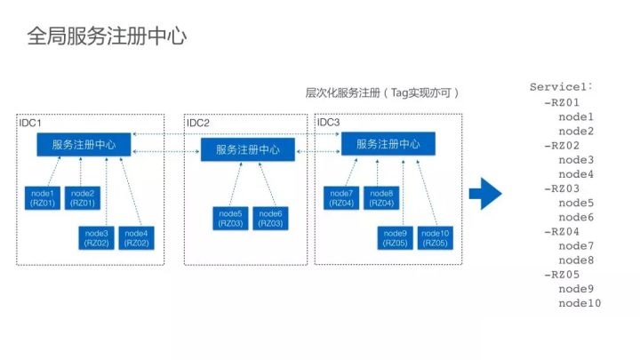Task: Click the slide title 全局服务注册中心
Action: [x=107, y=36]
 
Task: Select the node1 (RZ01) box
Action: [x=43, y=198]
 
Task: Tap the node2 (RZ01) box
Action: [x=83, y=198]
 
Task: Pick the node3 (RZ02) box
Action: [x=96, y=238]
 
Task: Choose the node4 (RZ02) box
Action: [x=136, y=238]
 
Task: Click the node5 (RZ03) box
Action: [x=230, y=219]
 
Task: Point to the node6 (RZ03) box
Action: [x=270, y=219]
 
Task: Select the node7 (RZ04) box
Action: [x=341, y=198]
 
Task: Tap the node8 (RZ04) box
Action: [x=381, y=198]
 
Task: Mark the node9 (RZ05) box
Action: [x=395, y=238]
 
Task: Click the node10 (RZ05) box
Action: [x=435, y=238]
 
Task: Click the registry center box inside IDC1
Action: [x=84, y=145]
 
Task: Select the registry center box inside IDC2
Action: [x=248, y=149]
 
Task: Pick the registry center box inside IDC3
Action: [x=388, y=144]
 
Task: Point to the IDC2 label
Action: [x=198, y=123]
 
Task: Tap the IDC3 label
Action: [x=329, y=122]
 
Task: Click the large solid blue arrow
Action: [x=485, y=194]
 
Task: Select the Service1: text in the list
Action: [x=561, y=87]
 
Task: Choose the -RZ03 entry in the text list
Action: [x=562, y=188]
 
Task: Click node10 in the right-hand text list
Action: [x=580, y=303]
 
